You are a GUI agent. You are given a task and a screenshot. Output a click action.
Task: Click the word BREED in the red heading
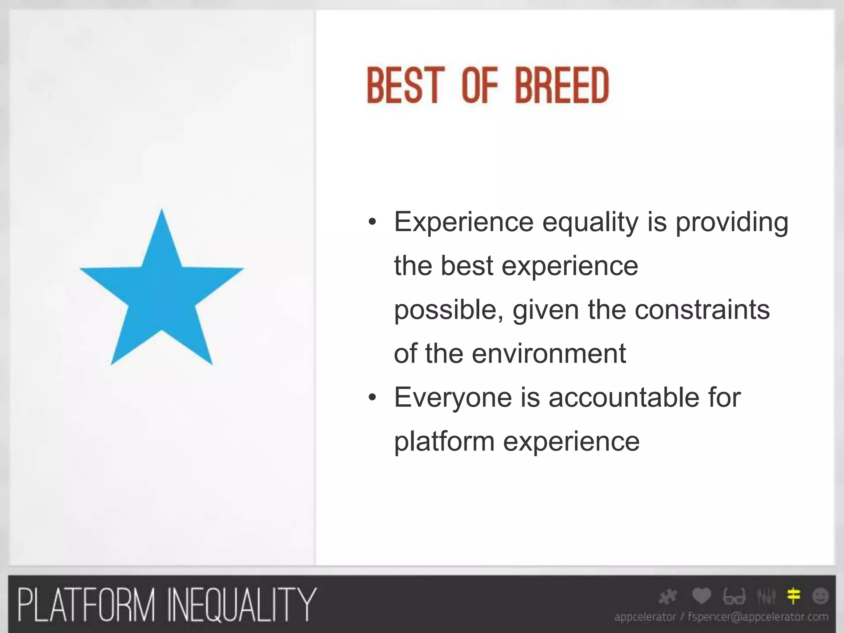click(x=562, y=86)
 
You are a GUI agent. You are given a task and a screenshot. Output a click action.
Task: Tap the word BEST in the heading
click(x=406, y=86)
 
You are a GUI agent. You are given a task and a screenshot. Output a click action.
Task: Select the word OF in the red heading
click(x=480, y=86)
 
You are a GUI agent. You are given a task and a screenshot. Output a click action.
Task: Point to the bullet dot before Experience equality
click(x=373, y=223)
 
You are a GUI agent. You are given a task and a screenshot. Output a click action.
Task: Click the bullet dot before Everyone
click(x=373, y=398)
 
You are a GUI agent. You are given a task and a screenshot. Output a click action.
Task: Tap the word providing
click(x=731, y=223)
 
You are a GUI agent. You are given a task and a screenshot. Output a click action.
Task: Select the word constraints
click(x=702, y=310)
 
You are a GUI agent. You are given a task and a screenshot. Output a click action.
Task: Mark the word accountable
click(x=624, y=398)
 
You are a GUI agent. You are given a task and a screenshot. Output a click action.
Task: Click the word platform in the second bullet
click(x=444, y=441)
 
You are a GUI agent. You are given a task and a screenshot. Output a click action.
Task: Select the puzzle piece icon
click(x=668, y=597)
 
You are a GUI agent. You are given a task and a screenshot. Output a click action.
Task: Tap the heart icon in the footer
click(x=701, y=596)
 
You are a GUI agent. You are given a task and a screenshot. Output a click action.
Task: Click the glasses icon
click(x=734, y=597)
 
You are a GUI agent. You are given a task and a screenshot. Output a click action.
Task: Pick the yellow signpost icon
click(x=793, y=596)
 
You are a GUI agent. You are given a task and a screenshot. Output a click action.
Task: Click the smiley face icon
click(x=820, y=596)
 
